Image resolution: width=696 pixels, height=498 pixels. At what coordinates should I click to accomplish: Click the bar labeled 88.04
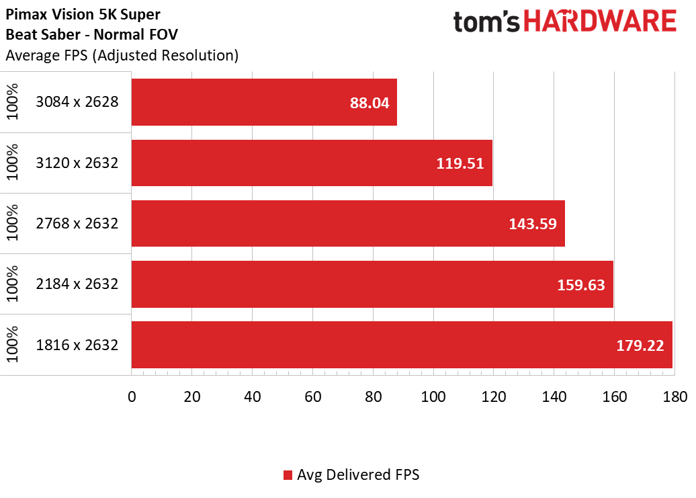(264, 102)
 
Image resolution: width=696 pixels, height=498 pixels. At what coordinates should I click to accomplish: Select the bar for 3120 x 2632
(312, 163)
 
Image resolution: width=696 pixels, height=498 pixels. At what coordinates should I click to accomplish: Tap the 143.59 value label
(533, 224)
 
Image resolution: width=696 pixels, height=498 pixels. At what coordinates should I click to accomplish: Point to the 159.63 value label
(581, 284)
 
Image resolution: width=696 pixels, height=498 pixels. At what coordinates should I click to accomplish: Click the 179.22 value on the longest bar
(640, 345)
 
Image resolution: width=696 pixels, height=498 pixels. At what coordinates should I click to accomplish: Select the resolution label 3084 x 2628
(77, 102)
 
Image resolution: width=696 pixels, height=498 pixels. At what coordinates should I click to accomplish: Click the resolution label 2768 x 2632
(77, 223)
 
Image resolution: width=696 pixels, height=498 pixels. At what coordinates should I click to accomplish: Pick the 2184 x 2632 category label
(77, 284)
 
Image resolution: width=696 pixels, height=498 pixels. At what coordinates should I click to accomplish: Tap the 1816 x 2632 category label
(77, 345)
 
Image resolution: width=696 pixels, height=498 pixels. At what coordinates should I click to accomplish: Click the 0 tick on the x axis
(132, 397)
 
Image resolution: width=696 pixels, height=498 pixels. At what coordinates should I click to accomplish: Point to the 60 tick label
(313, 397)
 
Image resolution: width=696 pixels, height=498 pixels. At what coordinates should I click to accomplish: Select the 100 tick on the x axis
(433, 397)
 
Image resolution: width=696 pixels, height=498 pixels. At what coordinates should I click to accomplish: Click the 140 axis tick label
(554, 397)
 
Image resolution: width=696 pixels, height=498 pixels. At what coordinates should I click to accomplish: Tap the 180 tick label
(675, 397)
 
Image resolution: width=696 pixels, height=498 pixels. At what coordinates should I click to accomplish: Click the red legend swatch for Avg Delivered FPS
(288, 475)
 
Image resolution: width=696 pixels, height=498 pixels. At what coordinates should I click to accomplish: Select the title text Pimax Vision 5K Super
(83, 14)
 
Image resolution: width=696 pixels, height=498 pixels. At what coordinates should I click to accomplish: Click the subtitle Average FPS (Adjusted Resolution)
(122, 56)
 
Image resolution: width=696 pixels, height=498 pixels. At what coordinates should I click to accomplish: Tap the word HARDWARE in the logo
(600, 22)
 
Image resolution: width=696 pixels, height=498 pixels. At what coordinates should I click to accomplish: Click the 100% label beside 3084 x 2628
(12, 102)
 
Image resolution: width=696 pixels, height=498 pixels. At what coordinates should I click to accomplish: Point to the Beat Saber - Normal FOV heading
(92, 35)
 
